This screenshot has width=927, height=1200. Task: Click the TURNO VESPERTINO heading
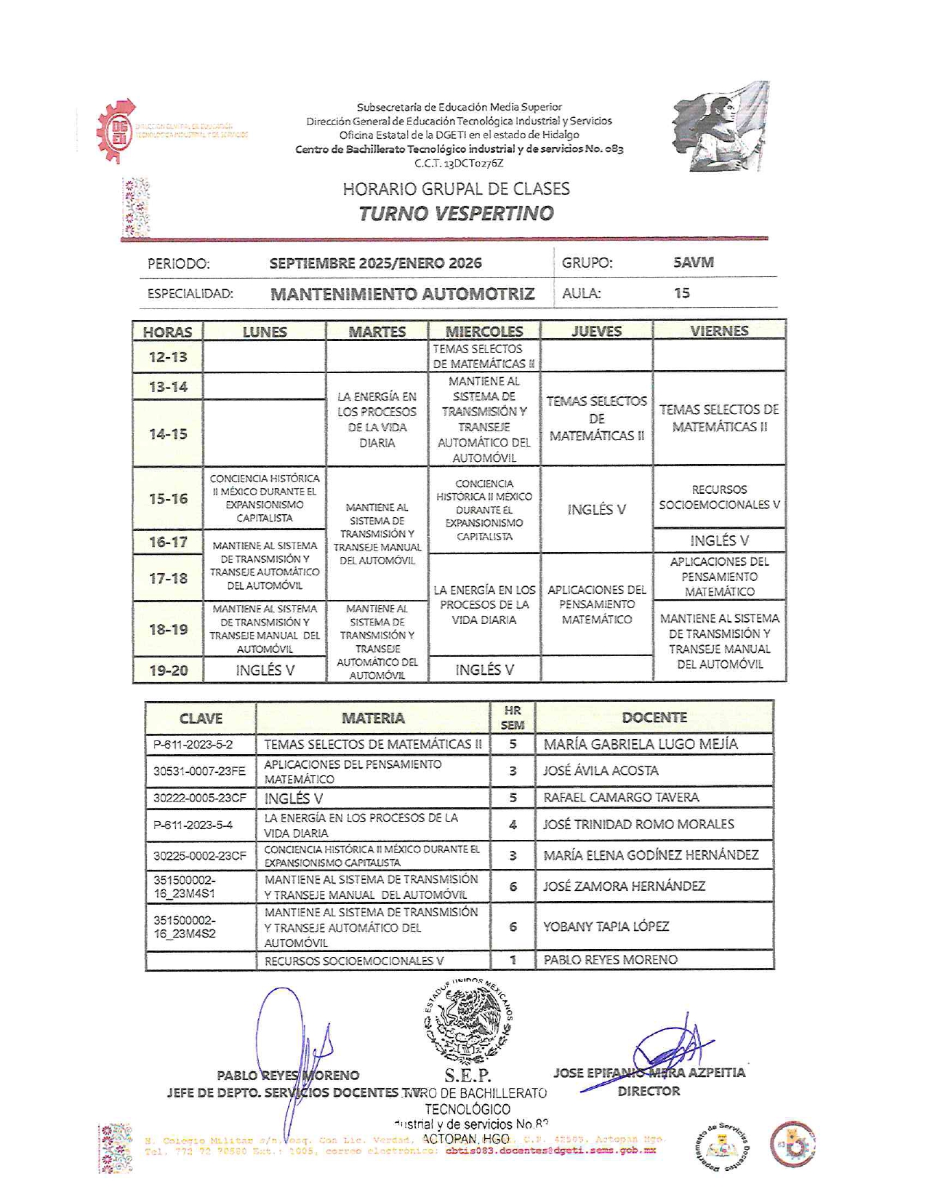coord(456,213)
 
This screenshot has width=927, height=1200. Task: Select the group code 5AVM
coord(693,263)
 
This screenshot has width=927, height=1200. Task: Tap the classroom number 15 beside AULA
coord(681,293)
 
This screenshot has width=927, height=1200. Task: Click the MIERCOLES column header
coord(484,332)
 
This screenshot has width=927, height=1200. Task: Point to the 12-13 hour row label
coord(168,357)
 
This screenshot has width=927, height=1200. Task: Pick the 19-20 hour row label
coord(168,671)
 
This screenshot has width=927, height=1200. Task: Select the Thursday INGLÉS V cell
coord(596,509)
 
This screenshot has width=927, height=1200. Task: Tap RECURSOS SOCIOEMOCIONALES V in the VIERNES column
coord(719,497)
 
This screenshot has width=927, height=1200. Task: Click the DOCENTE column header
coord(654,718)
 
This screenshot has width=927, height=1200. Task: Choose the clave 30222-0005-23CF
coord(200,798)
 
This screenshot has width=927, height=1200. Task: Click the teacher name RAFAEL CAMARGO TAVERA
coord(621,798)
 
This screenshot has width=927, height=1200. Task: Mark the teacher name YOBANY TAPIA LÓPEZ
coord(606,927)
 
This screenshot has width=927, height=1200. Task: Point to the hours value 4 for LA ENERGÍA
coord(513,825)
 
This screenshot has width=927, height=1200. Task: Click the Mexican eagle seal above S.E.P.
coord(468,1022)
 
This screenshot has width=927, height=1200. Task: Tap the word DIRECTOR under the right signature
coord(649,1091)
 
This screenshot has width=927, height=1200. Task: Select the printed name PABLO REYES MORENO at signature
coord(288,1076)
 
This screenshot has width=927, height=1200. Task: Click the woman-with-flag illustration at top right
coord(719,127)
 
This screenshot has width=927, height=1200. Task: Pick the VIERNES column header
coord(719,331)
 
